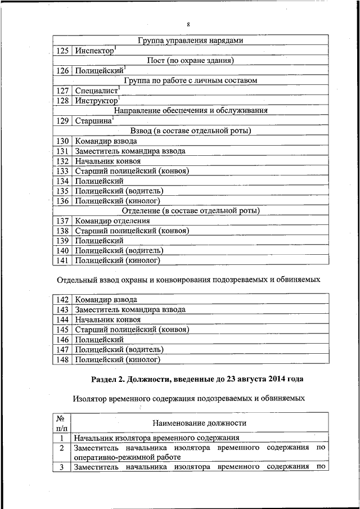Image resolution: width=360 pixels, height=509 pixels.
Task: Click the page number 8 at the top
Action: (188, 24)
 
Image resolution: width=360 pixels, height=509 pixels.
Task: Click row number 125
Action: (62, 51)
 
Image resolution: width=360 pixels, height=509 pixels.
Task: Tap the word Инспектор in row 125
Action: (94, 51)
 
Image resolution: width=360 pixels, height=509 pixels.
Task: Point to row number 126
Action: (62, 71)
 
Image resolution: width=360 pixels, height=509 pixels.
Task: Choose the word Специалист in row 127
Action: (96, 91)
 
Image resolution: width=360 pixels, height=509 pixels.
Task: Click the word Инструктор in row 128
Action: (95, 101)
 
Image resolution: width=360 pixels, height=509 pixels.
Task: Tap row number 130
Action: (62, 141)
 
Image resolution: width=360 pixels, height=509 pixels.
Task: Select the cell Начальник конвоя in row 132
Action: (107, 161)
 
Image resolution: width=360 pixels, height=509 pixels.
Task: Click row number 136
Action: (62, 201)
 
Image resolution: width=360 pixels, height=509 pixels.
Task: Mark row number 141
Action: (62, 260)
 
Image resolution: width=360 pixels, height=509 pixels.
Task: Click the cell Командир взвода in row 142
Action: (106, 300)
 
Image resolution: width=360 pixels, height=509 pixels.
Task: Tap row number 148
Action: (62, 359)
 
